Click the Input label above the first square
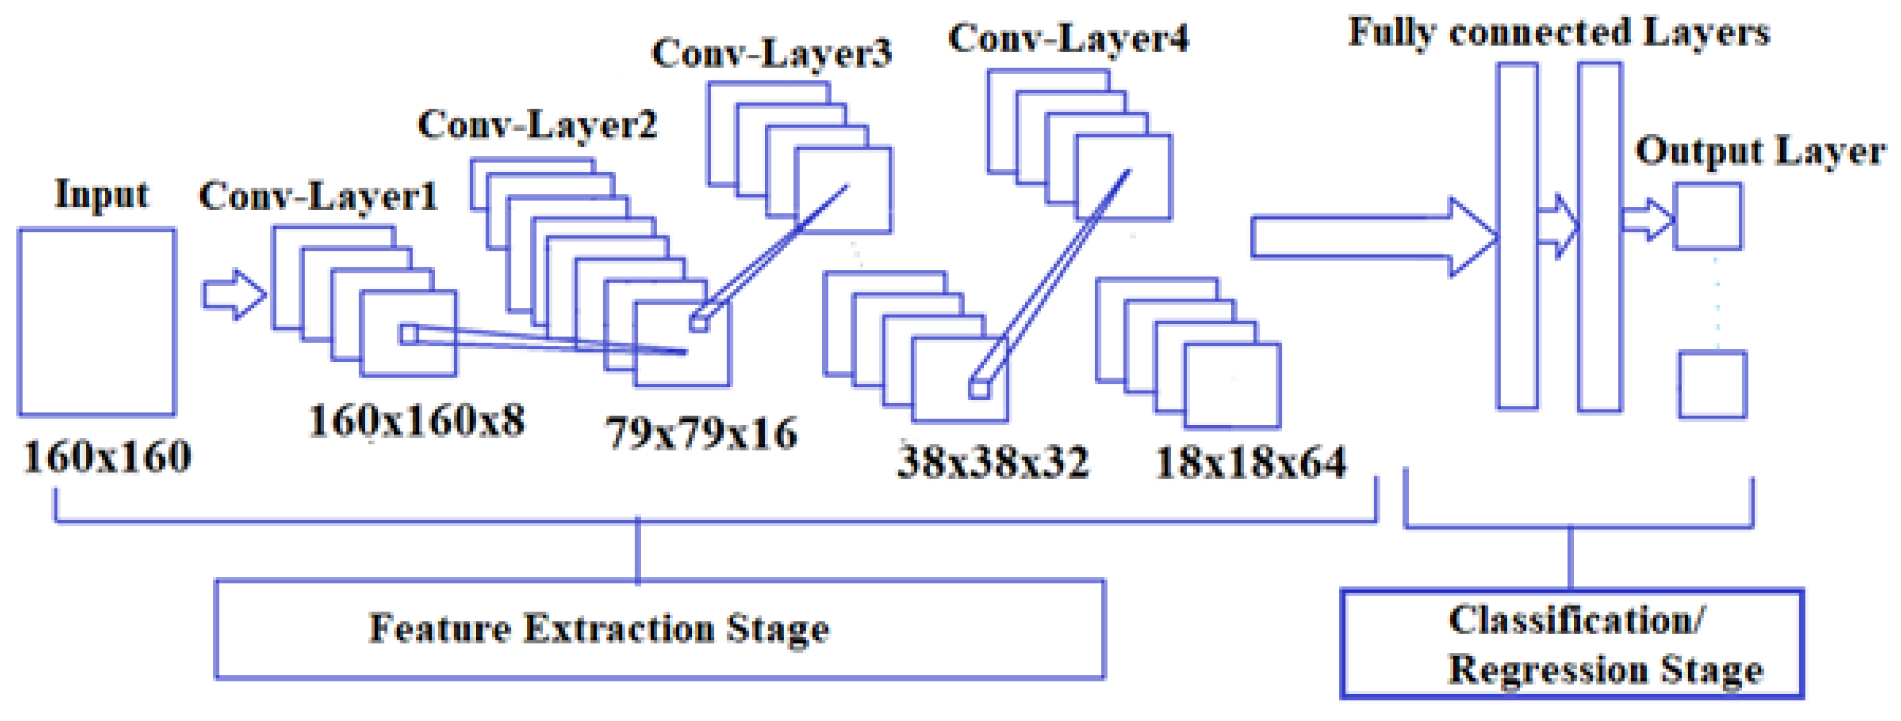(102, 195)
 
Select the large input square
(97, 322)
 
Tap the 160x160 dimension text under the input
(108, 458)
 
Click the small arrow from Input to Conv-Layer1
(234, 294)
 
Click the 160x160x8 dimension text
(417, 421)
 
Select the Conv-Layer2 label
(537, 125)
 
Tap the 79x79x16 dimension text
(702, 433)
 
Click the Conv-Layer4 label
(1068, 38)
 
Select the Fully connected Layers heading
(1558, 32)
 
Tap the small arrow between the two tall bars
(1558, 226)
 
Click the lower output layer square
(1712, 384)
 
